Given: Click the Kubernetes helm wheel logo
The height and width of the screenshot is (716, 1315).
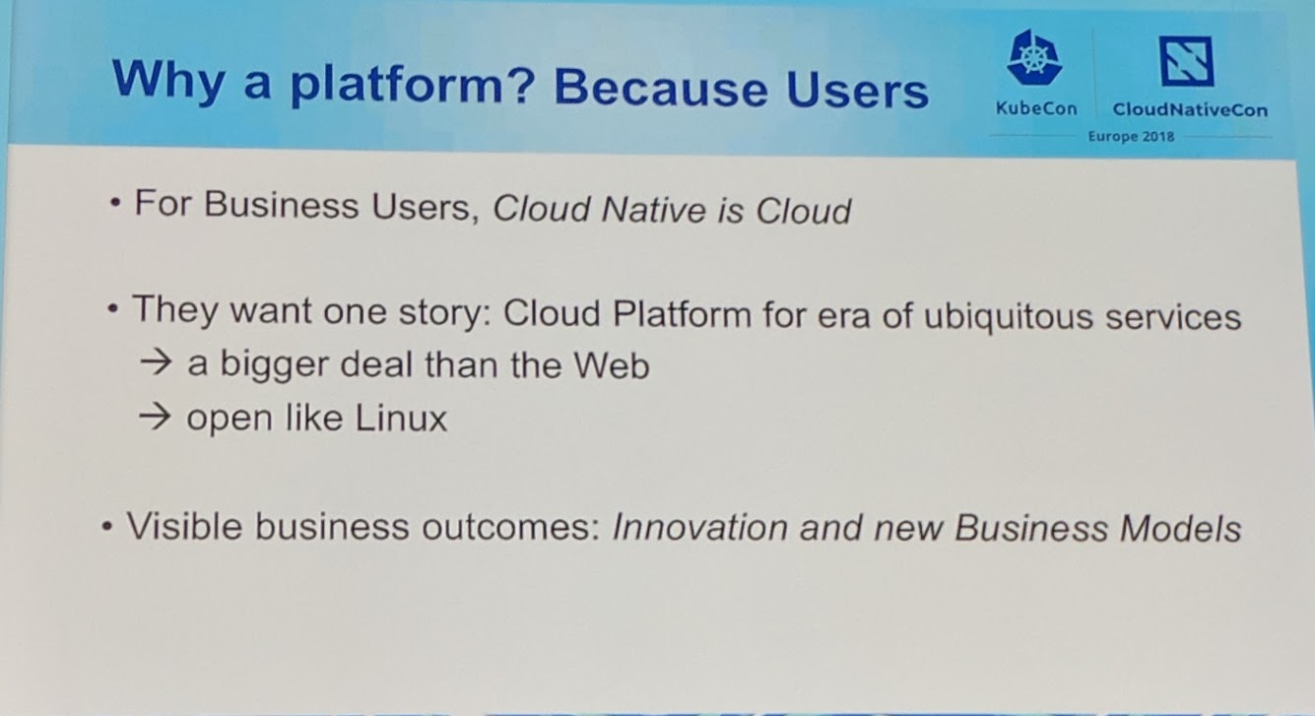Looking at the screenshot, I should [1034, 58].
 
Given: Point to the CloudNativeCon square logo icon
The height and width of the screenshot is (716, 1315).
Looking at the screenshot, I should [1185, 61].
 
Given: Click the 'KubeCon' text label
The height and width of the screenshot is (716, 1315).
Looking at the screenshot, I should [1036, 108].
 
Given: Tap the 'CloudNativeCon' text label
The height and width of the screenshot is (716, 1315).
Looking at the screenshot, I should [1190, 109].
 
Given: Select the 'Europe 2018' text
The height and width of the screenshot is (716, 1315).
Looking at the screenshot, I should [1131, 137].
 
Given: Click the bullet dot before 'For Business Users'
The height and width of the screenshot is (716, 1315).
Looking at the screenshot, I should [116, 207].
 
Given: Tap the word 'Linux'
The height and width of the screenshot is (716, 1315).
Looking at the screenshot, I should [401, 419].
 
